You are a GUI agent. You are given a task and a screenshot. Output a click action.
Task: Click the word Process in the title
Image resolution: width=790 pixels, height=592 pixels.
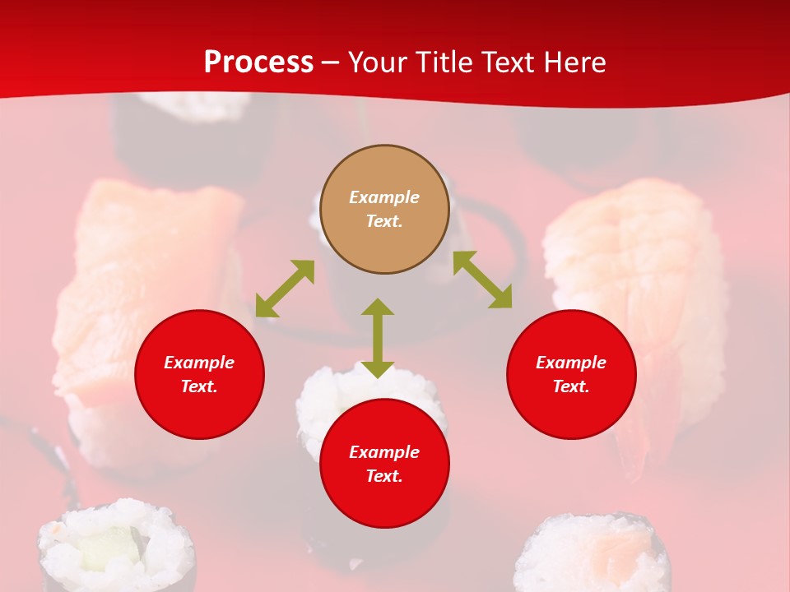click(258, 62)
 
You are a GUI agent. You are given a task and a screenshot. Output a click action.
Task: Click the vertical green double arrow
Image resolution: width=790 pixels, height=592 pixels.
click(378, 338)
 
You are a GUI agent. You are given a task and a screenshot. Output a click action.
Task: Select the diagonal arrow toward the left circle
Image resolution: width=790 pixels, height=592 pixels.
click(285, 289)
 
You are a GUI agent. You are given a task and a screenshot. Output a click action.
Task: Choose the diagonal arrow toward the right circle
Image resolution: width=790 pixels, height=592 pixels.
click(482, 280)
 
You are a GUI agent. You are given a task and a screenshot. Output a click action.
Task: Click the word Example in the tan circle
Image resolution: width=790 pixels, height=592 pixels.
click(384, 197)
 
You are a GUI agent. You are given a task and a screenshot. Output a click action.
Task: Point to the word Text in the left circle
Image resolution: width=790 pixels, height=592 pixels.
click(199, 386)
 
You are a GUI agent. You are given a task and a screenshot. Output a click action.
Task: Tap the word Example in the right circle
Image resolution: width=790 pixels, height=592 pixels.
click(571, 363)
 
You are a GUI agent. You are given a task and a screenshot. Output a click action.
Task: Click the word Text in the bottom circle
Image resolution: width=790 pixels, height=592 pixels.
click(384, 476)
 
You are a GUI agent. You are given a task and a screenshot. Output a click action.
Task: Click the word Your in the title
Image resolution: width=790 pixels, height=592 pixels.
click(379, 62)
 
